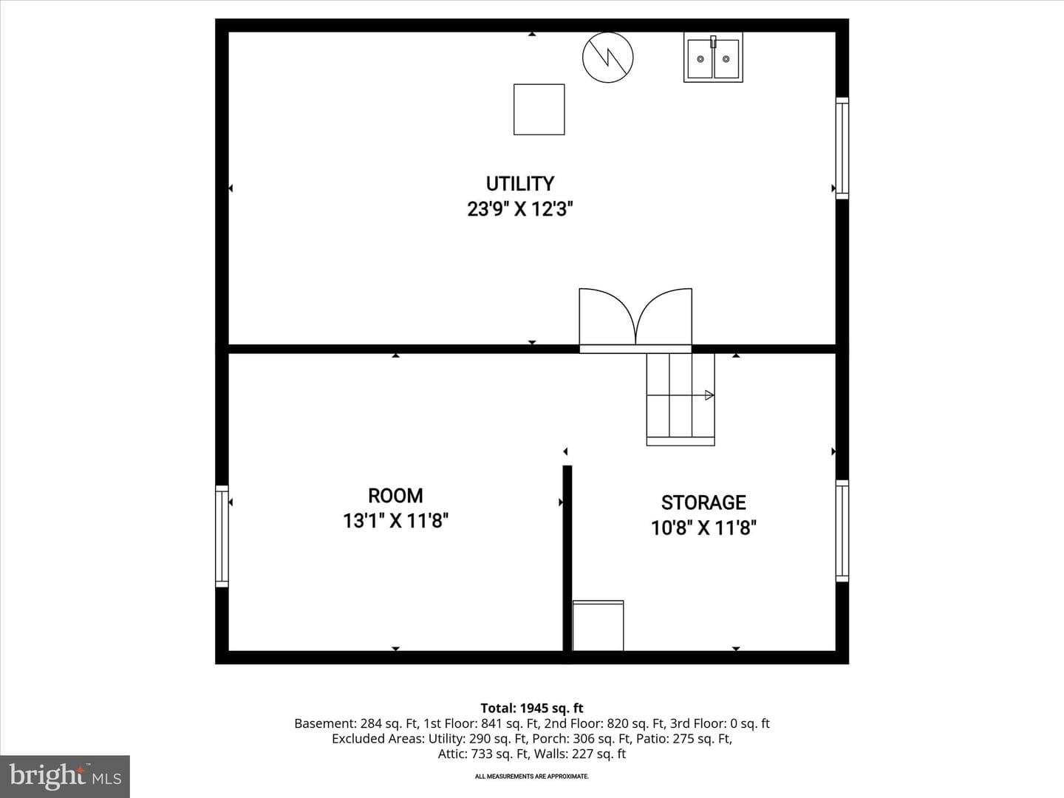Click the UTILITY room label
tap(519, 184)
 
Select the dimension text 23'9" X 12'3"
tap(519, 209)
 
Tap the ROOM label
tap(395, 496)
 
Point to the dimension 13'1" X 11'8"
tap(395, 521)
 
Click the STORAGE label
tap(703, 502)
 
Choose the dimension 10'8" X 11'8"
tap(703, 528)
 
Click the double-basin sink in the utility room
tap(713, 57)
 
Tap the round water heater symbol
tap(608, 57)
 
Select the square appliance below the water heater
tap(539, 109)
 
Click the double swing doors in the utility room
tap(635, 320)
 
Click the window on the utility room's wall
tap(842, 149)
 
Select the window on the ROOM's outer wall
tap(222, 536)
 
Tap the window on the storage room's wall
tap(842, 531)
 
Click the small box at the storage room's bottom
tap(598, 626)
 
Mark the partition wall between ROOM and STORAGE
tap(567, 558)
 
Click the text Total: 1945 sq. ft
tap(532, 709)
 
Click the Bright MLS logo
tap(65, 776)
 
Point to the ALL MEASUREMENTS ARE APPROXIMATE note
tap(532, 776)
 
